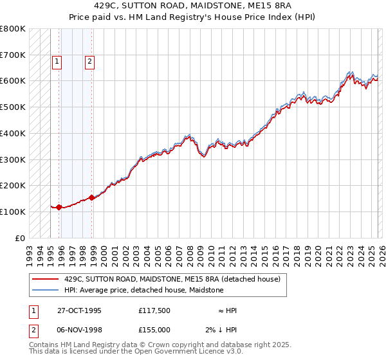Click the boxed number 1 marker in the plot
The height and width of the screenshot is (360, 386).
[57, 62]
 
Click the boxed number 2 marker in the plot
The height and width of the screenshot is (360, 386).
[89, 62]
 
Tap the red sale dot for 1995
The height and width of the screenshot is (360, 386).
[59, 207]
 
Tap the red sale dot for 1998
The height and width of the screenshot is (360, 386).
[92, 197]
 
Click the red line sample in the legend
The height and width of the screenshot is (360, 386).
[45, 280]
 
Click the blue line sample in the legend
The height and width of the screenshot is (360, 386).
[45, 291]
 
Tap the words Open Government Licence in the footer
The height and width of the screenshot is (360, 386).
[164, 352]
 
